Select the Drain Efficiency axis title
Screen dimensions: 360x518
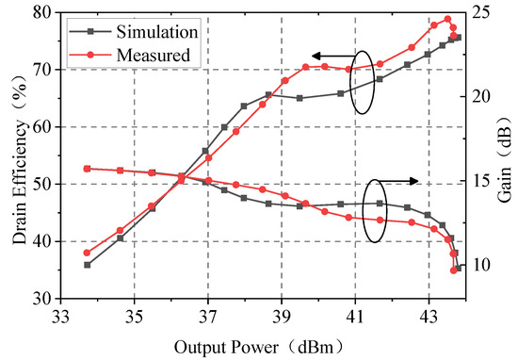pyautogui.click(x=19, y=155)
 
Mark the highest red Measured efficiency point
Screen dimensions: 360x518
pyautogui.click(x=447, y=19)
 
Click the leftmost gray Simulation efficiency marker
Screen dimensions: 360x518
pyautogui.click(x=87, y=265)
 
